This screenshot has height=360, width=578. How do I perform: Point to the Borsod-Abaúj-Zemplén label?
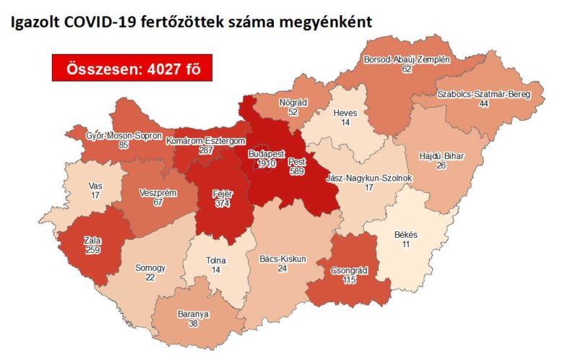click(x=407, y=59)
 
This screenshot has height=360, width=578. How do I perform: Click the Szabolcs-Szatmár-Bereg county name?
click(x=484, y=95)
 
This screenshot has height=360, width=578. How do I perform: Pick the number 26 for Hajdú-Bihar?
click(x=441, y=166)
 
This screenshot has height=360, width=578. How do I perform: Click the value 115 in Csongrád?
click(x=350, y=280)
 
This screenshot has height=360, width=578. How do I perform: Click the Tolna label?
click(x=215, y=260)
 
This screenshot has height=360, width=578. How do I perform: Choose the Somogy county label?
click(x=150, y=268)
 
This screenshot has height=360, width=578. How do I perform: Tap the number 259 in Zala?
click(x=92, y=250)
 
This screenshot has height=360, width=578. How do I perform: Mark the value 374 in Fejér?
click(x=223, y=205)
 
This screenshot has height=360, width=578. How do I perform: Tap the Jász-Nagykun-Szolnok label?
click(x=368, y=179)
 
